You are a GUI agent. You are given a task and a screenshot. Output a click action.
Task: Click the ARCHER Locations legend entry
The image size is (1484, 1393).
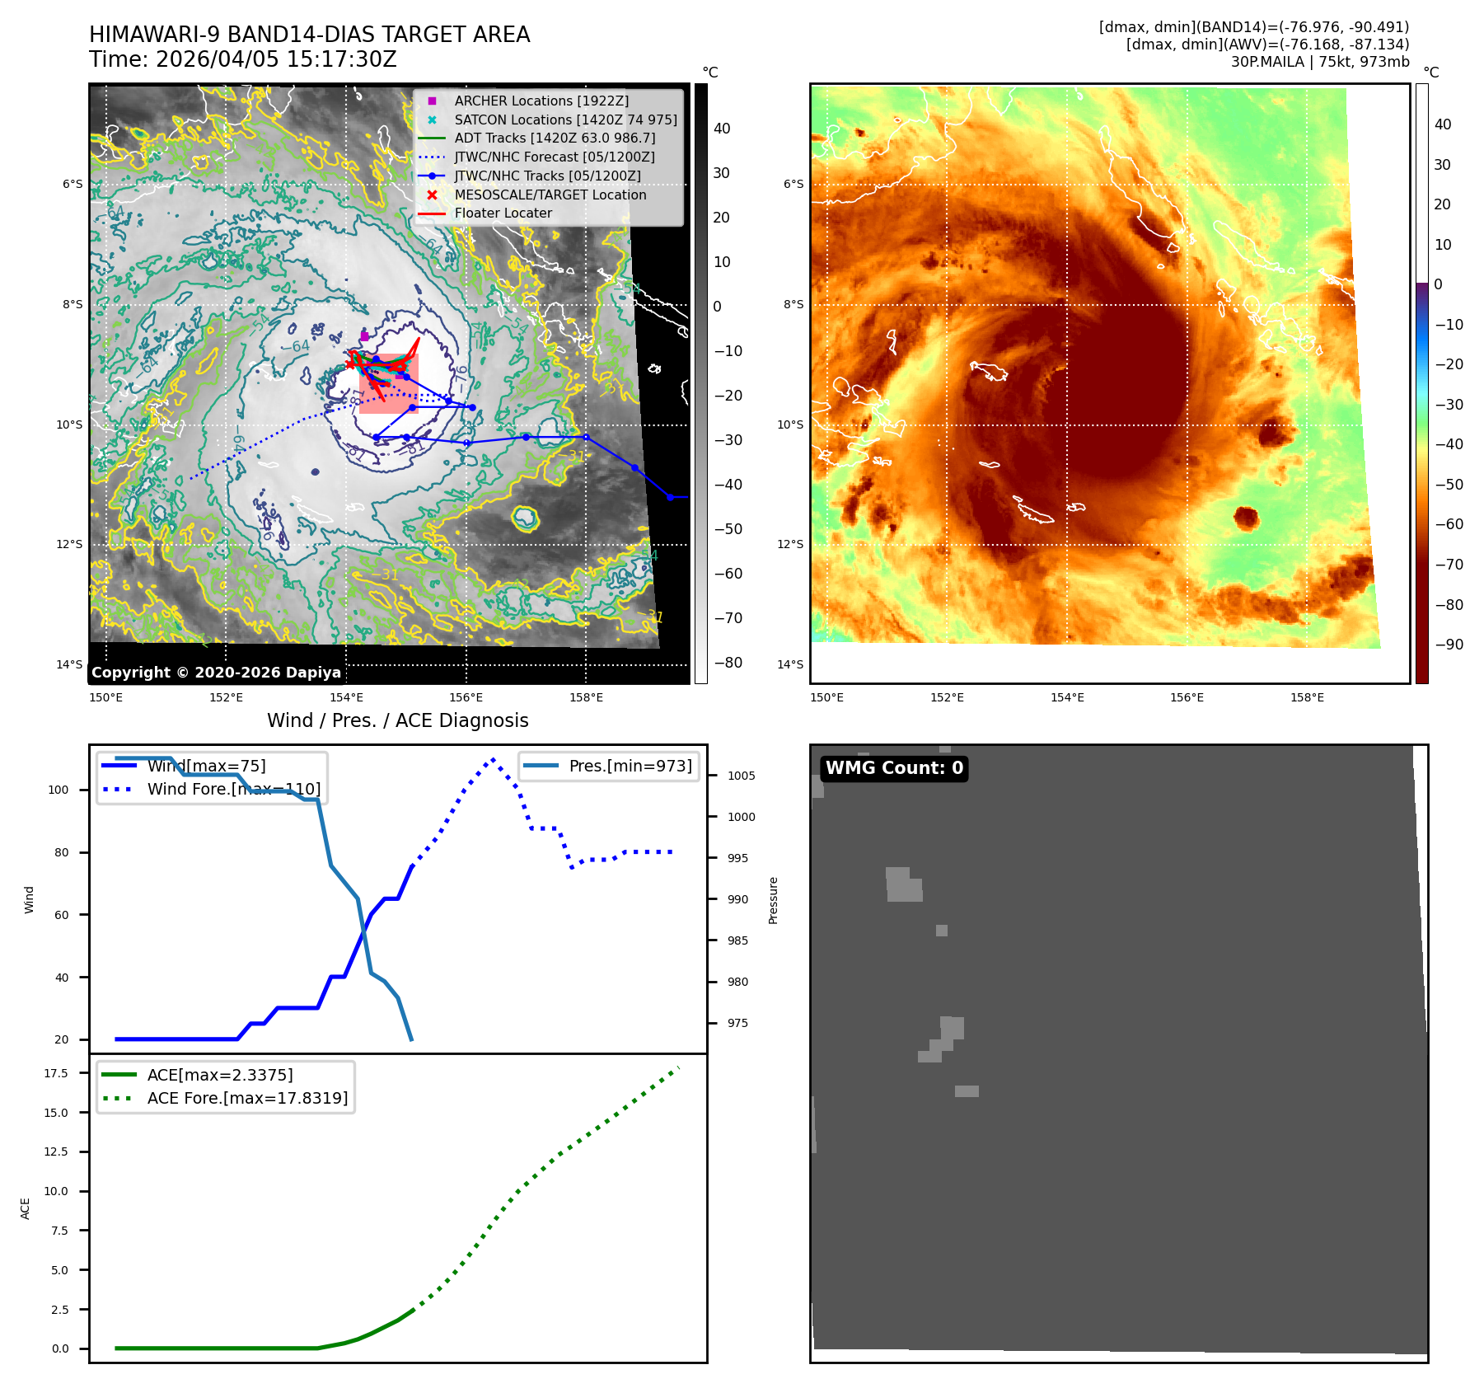541,101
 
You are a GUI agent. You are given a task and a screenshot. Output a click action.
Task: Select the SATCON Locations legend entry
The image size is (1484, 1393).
565,120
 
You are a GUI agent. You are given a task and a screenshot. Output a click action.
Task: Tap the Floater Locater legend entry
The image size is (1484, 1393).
503,213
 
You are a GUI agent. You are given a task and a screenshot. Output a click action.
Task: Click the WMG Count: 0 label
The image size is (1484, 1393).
894,768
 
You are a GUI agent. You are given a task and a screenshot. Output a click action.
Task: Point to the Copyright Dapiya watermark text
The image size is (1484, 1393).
216,673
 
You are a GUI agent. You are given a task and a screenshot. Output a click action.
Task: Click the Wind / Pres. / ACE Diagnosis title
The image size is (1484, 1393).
397,720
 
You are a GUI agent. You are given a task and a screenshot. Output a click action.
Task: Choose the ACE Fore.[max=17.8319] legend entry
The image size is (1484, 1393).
247,1098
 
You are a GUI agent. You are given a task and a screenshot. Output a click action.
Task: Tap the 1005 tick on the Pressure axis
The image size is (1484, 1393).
741,776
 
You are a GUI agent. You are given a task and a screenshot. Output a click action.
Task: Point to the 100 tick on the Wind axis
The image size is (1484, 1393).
59,790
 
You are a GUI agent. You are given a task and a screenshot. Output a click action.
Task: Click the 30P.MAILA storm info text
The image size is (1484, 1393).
1319,62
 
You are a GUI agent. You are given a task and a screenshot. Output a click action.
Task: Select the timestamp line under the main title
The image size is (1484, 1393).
243,59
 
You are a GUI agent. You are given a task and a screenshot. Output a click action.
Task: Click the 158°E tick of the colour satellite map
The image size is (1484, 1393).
1307,697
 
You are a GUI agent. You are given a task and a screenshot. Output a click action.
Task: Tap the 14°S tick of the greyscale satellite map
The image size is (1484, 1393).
69,664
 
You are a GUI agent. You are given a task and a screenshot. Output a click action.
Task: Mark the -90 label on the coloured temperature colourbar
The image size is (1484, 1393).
1449,645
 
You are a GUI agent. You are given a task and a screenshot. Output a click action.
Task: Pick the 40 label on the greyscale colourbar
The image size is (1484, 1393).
722,129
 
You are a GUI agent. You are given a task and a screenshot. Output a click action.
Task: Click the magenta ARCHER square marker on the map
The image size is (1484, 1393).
364,336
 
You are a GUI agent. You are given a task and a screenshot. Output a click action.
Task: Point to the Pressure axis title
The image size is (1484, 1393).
773,900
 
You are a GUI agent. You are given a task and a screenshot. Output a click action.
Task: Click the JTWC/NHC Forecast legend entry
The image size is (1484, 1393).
554,157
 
